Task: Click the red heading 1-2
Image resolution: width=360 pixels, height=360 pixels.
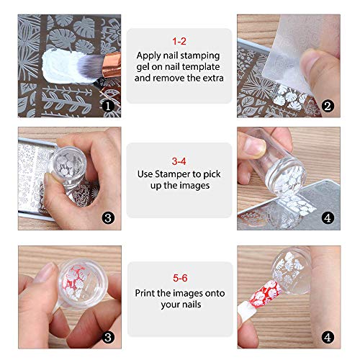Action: click(x=179, y=42)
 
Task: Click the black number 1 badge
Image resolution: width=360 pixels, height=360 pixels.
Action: click(x=107, y=106)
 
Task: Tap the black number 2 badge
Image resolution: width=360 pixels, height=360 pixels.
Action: click(x=328, y=106)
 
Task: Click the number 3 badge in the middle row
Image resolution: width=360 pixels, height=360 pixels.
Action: click(x=107, y=217)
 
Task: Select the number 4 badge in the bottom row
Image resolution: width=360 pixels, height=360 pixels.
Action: click(x=328, y=336)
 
